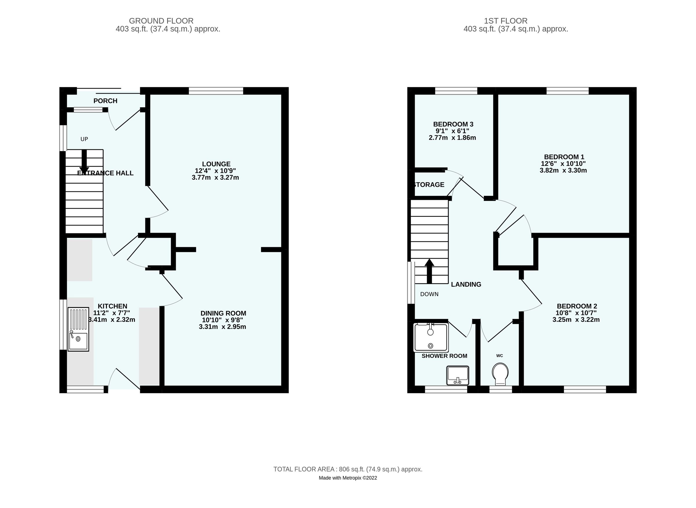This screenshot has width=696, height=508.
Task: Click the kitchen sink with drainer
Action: click(78, 329)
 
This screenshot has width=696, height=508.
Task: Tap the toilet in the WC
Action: click(500, 374)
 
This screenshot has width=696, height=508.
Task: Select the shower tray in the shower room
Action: click(431, 337)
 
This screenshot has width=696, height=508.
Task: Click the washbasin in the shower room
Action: click(458, 375)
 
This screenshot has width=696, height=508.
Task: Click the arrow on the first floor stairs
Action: click(429, 271)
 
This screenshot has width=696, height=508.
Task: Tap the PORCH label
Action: click(105, 101)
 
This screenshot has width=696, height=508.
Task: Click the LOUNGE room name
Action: click(216, 164)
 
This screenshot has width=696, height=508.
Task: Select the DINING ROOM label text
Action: click(223, 313)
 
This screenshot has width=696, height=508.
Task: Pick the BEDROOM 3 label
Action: click(453, 124)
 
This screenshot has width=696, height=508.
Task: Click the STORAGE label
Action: click(429, 185)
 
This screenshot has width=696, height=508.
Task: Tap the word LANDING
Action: click(466, 285)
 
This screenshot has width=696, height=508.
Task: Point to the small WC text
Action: click(499, 356)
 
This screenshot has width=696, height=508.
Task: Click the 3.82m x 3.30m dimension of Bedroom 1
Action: click(563, 170)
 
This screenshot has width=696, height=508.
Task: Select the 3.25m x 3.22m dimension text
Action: click(576, 320)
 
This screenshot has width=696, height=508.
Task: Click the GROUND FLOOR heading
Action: click(161, 21)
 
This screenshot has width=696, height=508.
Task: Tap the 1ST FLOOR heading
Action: click(505, 21)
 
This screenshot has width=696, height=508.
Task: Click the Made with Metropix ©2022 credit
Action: click(348, 478)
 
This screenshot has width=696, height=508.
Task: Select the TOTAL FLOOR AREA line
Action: click(348, 469)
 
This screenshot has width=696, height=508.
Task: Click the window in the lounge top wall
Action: click(216, 91)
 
